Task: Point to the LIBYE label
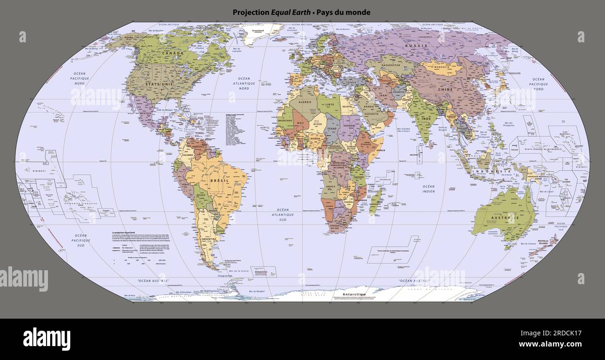pyautogui.click(x=329, y=104)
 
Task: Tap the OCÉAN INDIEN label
pyautogui.click(x=428, y=189)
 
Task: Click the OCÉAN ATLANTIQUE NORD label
pyautogui.click(x=244, y=83)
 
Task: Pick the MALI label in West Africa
pyautogui.click(x=301, y=123)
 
